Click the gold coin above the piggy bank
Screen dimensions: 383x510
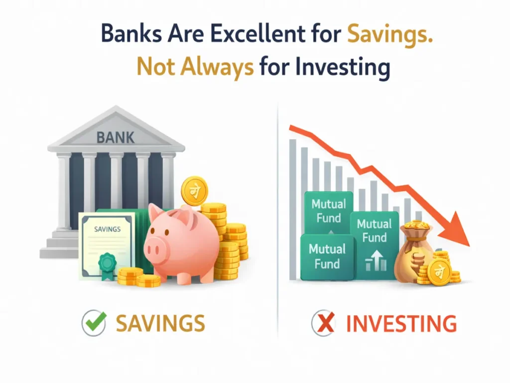pos(194,190)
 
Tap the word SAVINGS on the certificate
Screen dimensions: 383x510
pos(107,229)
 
